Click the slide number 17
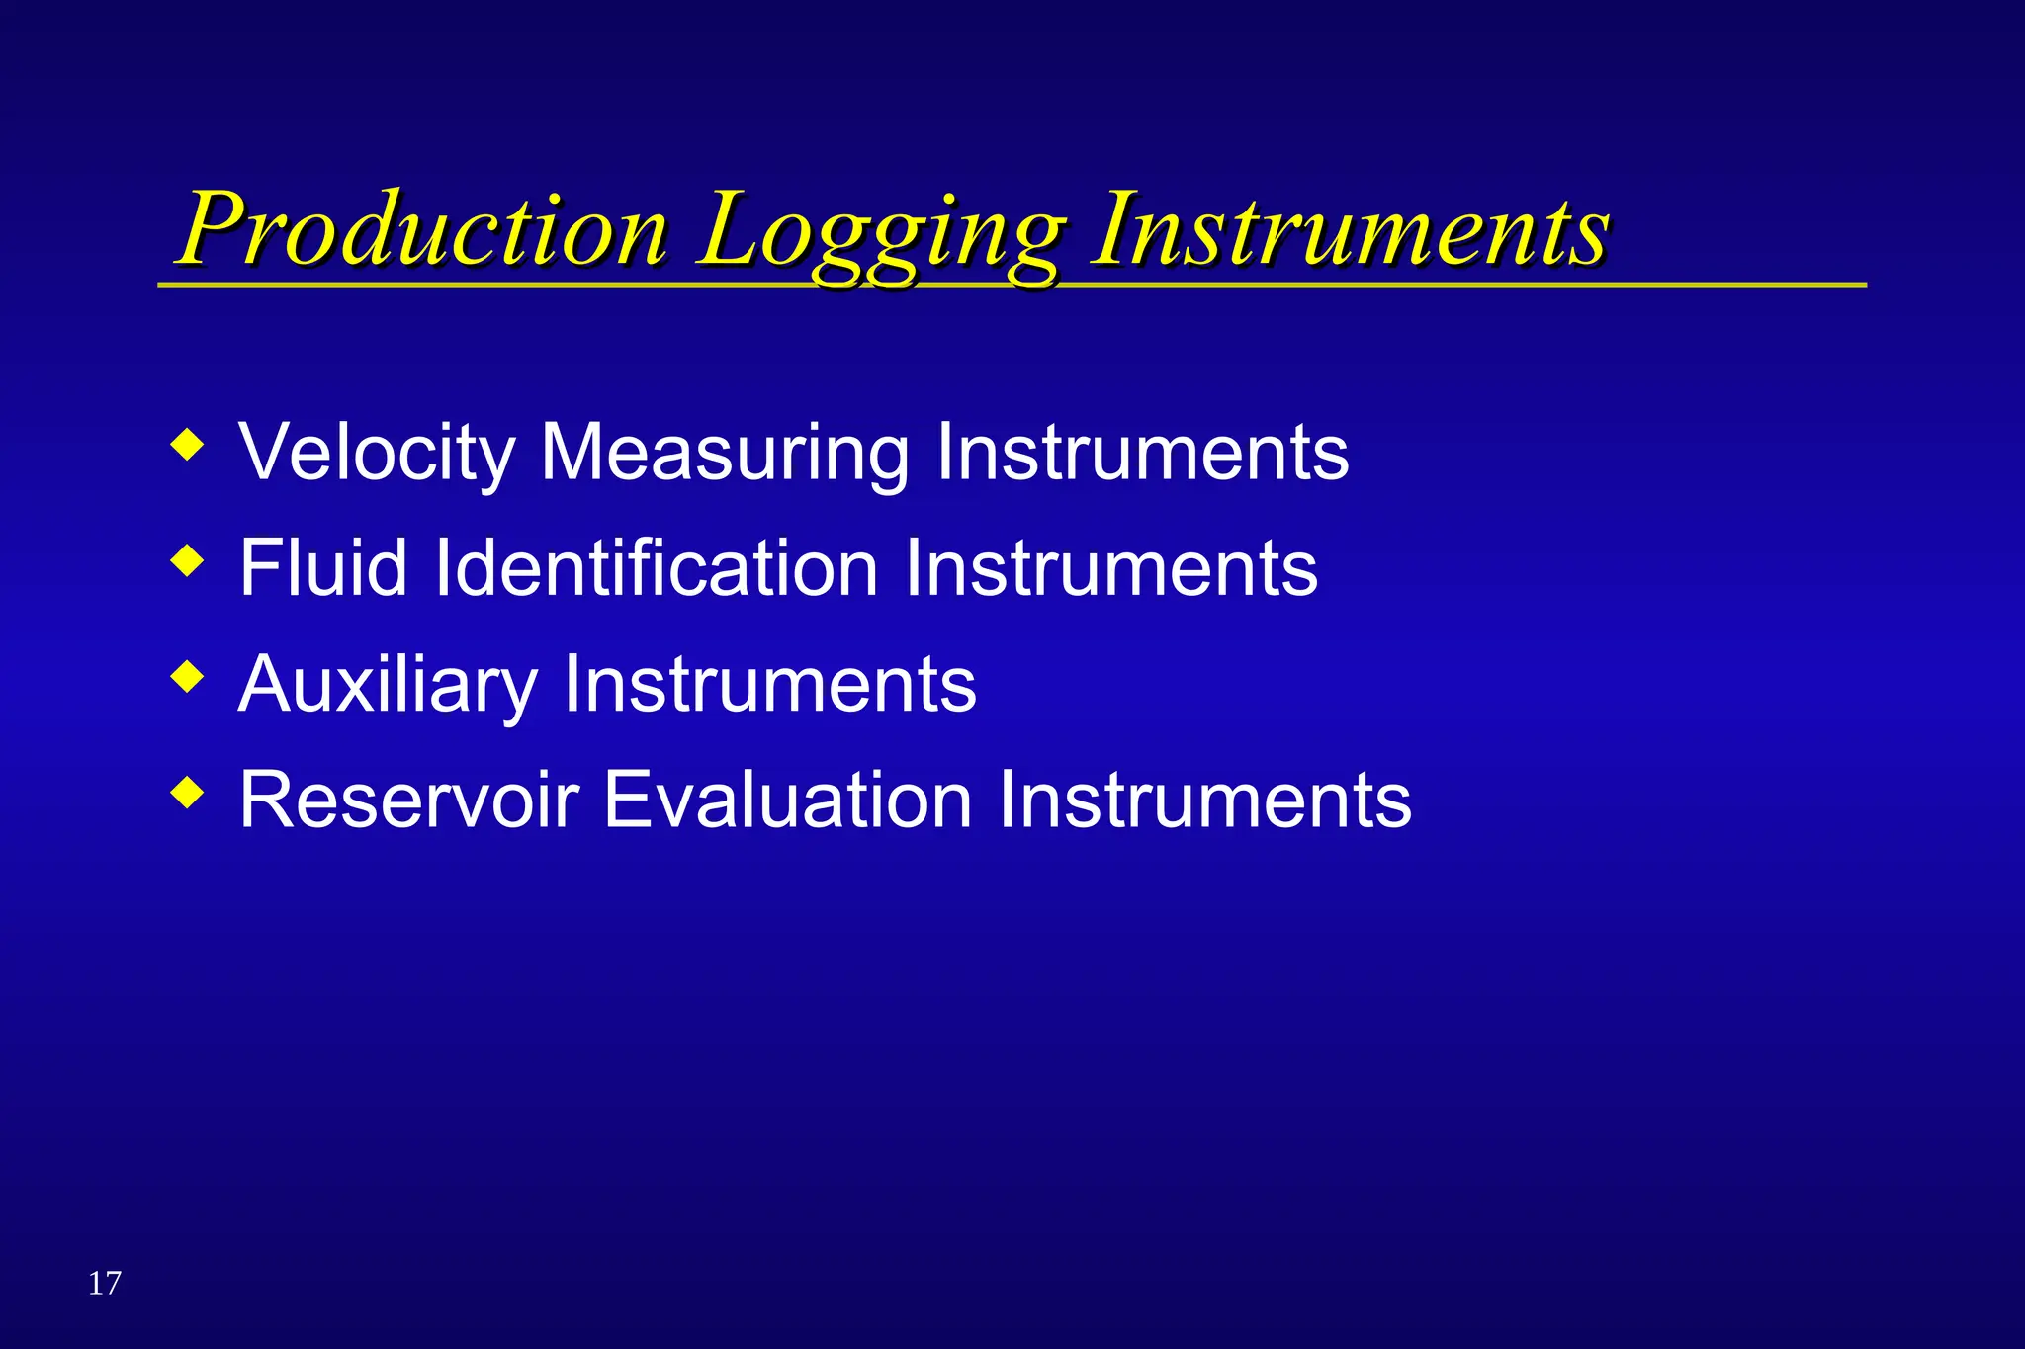pos(105,1283)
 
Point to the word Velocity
pos(377,454)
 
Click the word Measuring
pos(724,454)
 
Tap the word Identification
pos(657,568)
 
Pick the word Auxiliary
pos(388,684)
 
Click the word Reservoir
pos(409,800)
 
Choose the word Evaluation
pos(788,800)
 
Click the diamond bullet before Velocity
pos(187,444)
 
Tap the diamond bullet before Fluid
pos(187,561)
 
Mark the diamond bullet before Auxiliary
pos(187,677)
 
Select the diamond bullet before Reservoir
pos(187,793)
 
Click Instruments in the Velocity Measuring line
pos(1142,454)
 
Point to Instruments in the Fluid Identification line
pos(1111,568)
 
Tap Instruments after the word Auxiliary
pos(769,684)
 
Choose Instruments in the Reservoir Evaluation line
pos(1205,800)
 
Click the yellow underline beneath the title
pos(1483,285)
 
